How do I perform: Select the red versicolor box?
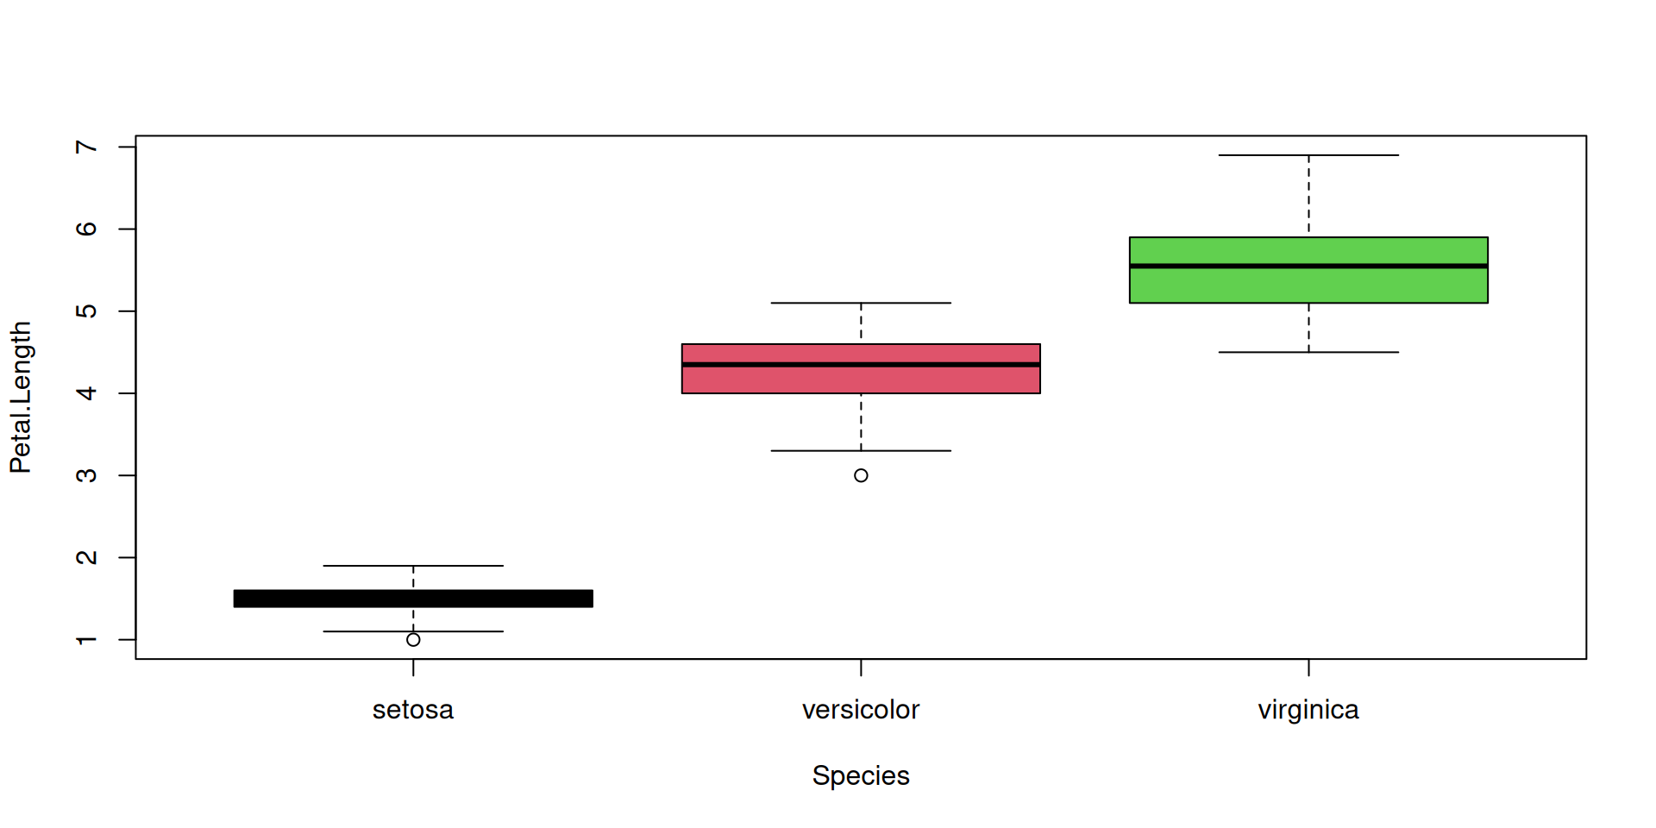click(x=861, y=379)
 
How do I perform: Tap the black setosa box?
click(x=413, y=599)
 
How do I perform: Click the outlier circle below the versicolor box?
click(x=861, y=475)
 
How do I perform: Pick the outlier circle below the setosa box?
click(x=413, y=640)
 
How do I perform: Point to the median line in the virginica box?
click(x=1308, y=266)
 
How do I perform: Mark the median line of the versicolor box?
click(x=861, y=365)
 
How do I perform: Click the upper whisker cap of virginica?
click(x=1308, y=155)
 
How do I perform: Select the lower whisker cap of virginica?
click(x=1308, y=352)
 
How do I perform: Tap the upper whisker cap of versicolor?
click(x=861, y=303)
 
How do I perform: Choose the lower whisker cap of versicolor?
click(x=861, y=450)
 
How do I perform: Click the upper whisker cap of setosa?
click(x=413, y=566)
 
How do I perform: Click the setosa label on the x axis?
click(x=413, y=710)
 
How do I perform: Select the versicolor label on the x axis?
click(x=861, y=710)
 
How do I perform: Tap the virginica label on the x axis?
click(x=1308, y=710)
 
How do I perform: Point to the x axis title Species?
click(x=861, y=775)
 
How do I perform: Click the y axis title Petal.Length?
click(x=21, y=398)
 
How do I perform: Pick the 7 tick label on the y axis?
click(x=86, y=147)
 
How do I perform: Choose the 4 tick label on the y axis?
click(x=86, y=393)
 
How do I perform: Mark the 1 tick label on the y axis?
click(x=86, y=640)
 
